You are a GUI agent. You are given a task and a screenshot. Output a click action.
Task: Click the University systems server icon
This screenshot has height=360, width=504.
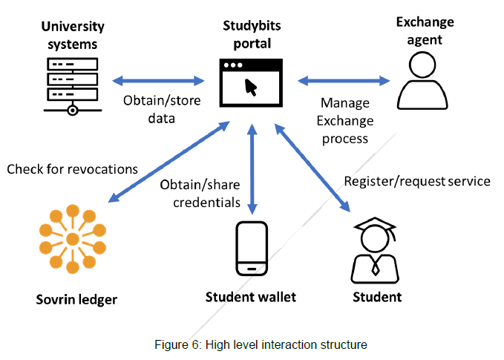(x=71, y=85)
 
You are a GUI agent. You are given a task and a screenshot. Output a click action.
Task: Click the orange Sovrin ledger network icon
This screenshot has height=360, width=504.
(x=72, y=240)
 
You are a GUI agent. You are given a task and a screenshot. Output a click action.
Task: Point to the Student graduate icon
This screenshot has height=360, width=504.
(x=376, y=247)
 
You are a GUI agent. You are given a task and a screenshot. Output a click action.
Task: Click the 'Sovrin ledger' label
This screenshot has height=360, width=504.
(x=76, y=301)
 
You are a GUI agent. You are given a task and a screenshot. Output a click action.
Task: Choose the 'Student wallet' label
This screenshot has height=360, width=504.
(x=251, y=298)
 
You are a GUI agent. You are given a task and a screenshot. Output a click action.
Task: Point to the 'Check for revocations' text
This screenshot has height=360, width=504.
(x=73, y=169)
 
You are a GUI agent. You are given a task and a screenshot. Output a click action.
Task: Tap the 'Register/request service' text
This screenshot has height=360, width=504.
(x=417, y=181)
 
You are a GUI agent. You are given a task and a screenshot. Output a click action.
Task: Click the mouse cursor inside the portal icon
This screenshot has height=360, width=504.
(x=252, y=88)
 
